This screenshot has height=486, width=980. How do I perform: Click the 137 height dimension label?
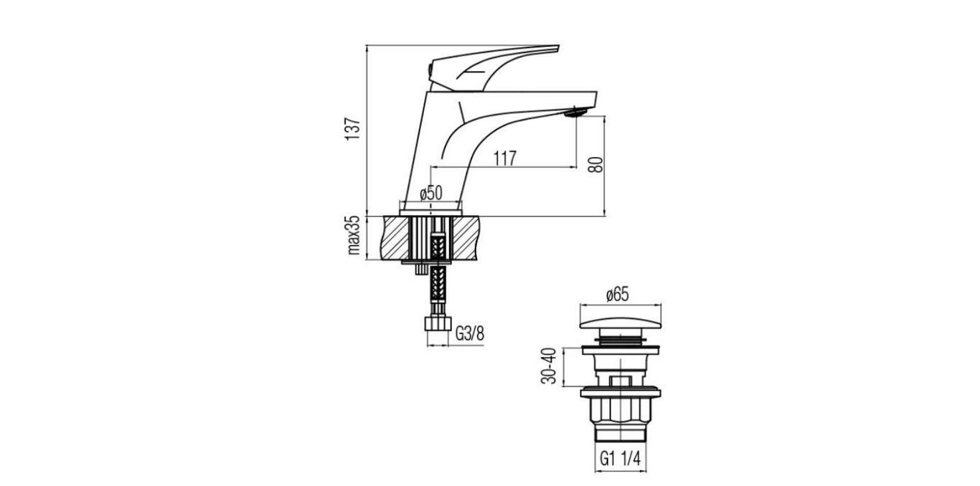pyautogui.click(x=353, y=129)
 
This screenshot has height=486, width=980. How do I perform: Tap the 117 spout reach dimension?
pyautogui.click(x=505, y=158)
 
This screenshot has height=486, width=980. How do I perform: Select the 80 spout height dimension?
pyautogui.click(x=596, y=165)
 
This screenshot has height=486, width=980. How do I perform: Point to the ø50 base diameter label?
pyautogui.click(x=431, y=193)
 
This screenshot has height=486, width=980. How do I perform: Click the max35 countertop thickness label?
pyautogui.click(x=353, y=235)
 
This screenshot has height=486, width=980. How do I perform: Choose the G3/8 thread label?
pyautogui.click(x=470, y=334)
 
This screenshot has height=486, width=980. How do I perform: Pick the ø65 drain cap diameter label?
pyautogui.click(x=617, y=295)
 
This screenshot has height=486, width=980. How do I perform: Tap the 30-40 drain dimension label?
pyautogui.click(x=548, y=366)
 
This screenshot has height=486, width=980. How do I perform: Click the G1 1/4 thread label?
pyautogui.click(x=620, y=459)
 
